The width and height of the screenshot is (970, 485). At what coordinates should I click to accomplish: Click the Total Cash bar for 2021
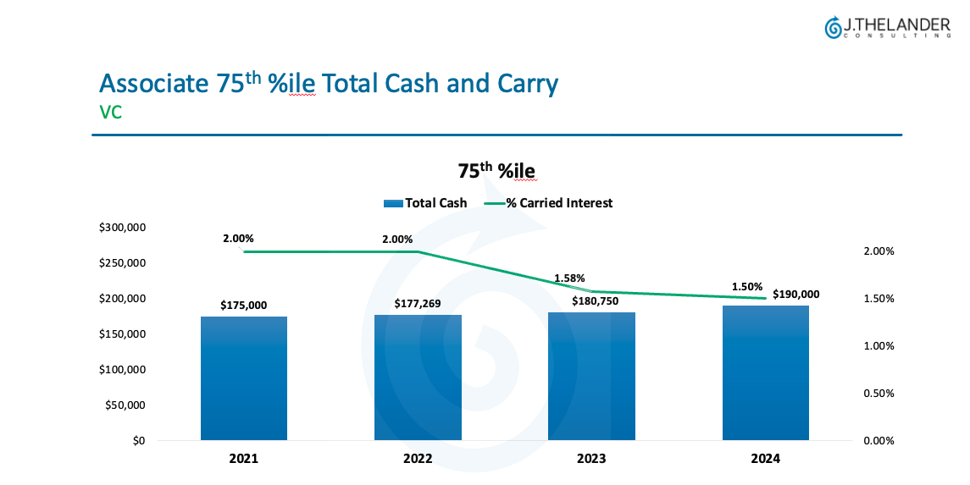coord(244,378)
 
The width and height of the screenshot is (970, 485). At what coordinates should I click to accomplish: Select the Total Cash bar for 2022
coord(418,378)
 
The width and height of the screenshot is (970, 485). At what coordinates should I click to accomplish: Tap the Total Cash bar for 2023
coord(591,376)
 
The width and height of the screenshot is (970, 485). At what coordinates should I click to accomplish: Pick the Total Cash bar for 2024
coord(765,372)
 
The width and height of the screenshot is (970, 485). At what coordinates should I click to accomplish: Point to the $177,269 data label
coord(418,304)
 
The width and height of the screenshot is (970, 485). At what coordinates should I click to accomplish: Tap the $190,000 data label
coord(795,295)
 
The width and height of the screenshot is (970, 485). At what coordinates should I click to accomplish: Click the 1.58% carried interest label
coord(569,278)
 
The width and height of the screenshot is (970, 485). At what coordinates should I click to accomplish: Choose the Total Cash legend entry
coord(425,203)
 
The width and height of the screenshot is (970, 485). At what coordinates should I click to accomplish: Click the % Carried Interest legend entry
coord(549,203)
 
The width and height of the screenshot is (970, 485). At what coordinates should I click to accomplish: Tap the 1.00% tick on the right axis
coord(878,346)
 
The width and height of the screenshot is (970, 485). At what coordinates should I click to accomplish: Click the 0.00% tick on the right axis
coord(878,441)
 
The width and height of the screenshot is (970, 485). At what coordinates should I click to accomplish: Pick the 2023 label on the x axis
coord(591,460)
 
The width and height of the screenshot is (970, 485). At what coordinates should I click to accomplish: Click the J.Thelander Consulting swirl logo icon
coord(833,27)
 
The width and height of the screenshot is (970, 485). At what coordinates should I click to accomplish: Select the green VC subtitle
coord(111,112)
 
